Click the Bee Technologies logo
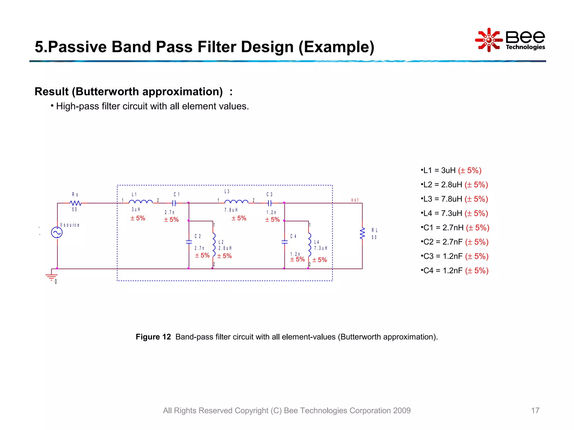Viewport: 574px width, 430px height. [510, 40]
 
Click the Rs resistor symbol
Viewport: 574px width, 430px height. [75, 203]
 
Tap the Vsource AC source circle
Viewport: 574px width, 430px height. [57, 232]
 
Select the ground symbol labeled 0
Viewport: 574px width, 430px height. [51, 277]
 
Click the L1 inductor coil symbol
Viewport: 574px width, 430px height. [141, 202]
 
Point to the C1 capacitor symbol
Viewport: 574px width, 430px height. [174, 203]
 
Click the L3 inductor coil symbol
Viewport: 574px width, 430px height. [236, 202]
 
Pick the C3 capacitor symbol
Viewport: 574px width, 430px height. [270, 203]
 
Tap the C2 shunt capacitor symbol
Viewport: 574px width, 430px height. [189, 242]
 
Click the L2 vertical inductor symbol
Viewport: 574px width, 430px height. [214, 244]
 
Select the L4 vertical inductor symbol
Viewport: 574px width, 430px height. [309, 244]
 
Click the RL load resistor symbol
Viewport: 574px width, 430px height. [362, 233]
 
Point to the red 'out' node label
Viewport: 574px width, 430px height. [355, 200]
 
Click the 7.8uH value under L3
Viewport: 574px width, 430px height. [231, 210]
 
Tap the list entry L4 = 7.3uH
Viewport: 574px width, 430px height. [454, 213]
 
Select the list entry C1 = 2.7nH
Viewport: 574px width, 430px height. [455, 228]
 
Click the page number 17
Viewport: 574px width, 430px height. [535, 410]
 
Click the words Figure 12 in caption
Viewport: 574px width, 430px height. [153, 337]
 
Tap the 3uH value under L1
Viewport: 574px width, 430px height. [136, 209]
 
